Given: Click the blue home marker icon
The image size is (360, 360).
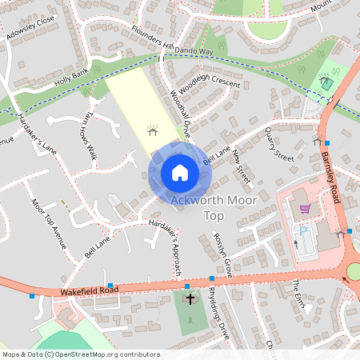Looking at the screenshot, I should pyautogui.click(x=179, y=173).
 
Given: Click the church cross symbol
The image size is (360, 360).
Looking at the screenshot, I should pyautogui.click(x=190, y=301).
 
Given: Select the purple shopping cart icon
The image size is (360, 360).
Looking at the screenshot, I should pyautogui.click(x=305, y=209).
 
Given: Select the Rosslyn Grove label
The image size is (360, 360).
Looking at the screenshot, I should pyautogui.click(x=222, y=255).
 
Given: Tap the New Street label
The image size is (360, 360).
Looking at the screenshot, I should pyautogui.click(x=241, y=166).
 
